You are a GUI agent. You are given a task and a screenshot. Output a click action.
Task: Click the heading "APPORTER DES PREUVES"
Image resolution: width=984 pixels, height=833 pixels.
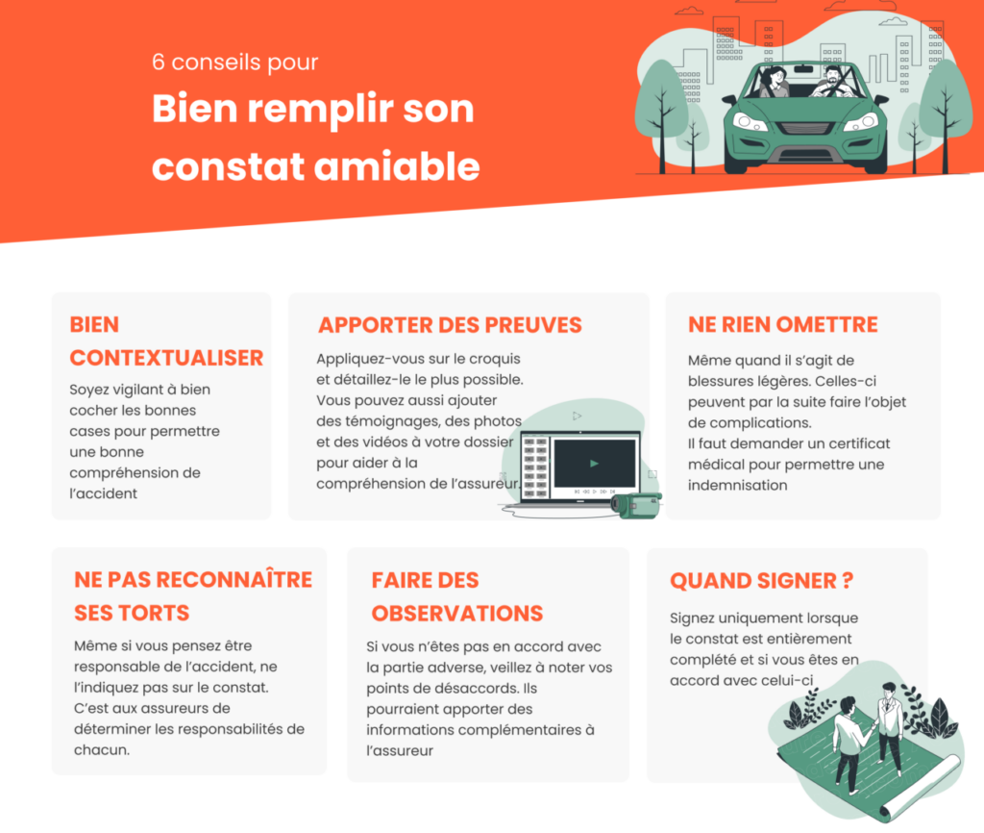click(x=450, y=325)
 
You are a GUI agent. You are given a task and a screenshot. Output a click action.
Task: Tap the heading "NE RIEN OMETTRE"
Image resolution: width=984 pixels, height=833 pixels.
click(x=782, y=325)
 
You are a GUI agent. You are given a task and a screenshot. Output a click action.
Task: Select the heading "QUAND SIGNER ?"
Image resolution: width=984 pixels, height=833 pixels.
click(x=761, y=581)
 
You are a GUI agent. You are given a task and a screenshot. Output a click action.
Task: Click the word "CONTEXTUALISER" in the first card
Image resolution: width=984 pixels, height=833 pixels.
click(x=166, y=358)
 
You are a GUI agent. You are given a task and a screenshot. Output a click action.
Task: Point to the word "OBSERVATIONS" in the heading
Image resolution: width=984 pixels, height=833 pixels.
click(x=456, y=614)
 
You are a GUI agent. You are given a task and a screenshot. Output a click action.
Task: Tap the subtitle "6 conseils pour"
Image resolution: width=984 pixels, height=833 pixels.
click(x=234, y=63)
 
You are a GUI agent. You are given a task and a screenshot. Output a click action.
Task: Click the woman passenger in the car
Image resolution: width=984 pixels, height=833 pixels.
click(x=772, y=84)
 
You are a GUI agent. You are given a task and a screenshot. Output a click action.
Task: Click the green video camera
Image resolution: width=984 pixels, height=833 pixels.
click(x=637, y=504)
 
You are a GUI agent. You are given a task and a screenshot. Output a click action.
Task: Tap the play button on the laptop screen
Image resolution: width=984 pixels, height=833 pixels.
click(x=595, y=463)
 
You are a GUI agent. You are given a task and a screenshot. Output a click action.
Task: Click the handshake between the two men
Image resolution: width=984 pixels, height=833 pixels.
click(x=871, y=727)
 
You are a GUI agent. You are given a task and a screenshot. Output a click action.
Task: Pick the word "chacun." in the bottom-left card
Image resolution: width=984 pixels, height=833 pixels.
click(x=101, y=749)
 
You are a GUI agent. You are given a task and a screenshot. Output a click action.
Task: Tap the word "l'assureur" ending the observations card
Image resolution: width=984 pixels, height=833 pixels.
click(x=400, y=750)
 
